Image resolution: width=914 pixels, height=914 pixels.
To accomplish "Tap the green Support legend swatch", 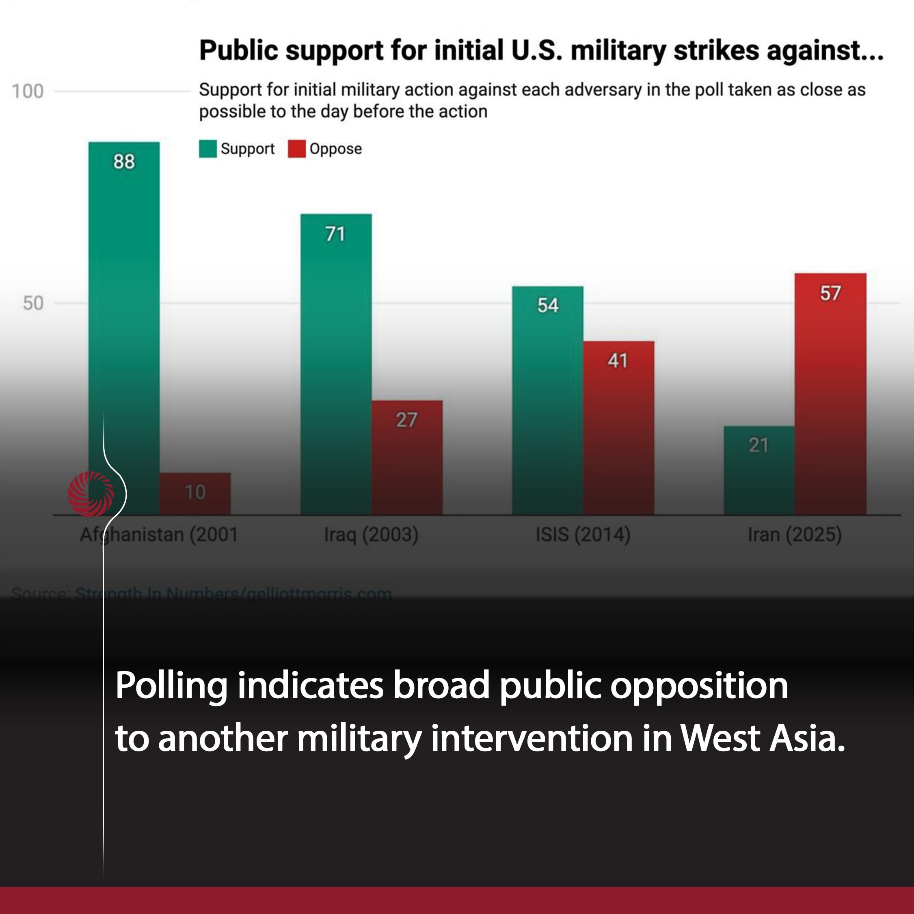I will (207, 149).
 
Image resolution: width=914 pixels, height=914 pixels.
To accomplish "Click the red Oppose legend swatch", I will (297, 149).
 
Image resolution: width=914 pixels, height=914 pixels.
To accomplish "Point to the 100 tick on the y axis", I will (28, 91).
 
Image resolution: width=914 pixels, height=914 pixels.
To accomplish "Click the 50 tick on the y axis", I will (33, 303).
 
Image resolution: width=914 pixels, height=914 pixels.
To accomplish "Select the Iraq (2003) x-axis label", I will (371, 535).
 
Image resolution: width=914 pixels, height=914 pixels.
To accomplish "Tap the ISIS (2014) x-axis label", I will (583, 535).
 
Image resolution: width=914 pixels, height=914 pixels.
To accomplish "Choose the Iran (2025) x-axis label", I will (795, 535).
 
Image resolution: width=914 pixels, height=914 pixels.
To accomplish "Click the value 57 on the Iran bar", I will (830, 293).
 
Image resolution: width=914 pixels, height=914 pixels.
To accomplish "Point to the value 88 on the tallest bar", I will (124, 162).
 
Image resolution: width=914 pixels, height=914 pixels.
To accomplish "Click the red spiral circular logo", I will (91, 494).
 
